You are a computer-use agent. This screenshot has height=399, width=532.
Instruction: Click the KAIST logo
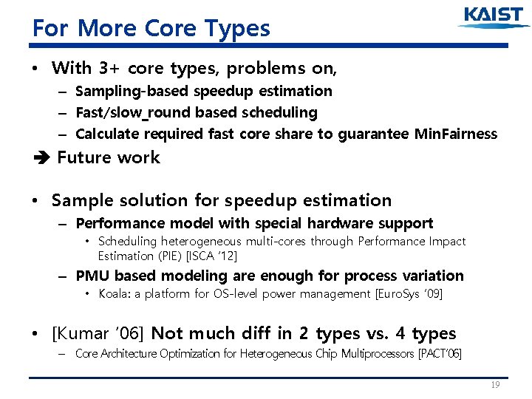coord(494,18)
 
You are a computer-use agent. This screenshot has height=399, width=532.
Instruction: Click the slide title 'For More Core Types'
coord(151,28)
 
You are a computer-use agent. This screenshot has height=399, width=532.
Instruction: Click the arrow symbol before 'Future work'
coord(39,157)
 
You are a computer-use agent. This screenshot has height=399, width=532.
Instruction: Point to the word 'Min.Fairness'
coord(456,134)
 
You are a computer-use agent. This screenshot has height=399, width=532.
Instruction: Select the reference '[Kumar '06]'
coord(99,333)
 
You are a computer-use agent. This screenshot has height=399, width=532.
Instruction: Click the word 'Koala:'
coord(115,294)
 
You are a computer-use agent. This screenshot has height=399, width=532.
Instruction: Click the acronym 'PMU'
coord(93,276)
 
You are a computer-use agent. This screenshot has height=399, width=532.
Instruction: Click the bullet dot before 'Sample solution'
coord(36,201)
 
